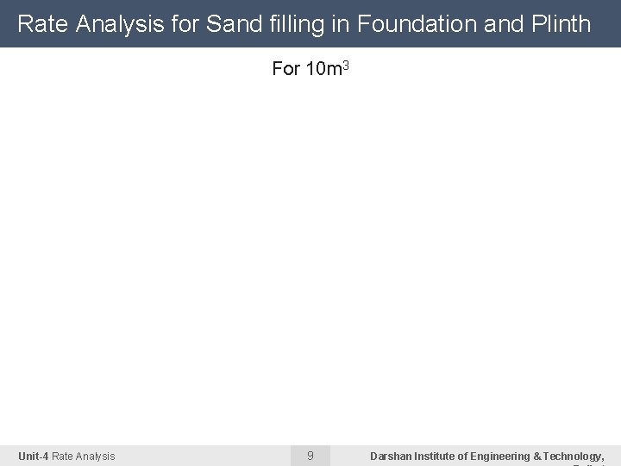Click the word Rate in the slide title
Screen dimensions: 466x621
pos(42,24)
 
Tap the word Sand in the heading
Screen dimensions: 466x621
pos(229,24)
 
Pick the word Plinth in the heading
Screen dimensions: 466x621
pos(561,24)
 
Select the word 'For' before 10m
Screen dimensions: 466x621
pos(285,69)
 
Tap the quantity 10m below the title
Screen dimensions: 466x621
pos(323,69)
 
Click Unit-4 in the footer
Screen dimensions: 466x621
pos(33,456)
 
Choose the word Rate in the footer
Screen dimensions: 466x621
pos(63,456)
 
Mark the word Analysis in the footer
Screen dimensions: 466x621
pos(96,456)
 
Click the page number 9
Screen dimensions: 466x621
pos(310,455)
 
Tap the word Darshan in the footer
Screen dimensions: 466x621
pos(391,456)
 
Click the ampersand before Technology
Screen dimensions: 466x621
pos(537,456)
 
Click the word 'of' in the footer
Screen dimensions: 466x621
pos(464,456)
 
